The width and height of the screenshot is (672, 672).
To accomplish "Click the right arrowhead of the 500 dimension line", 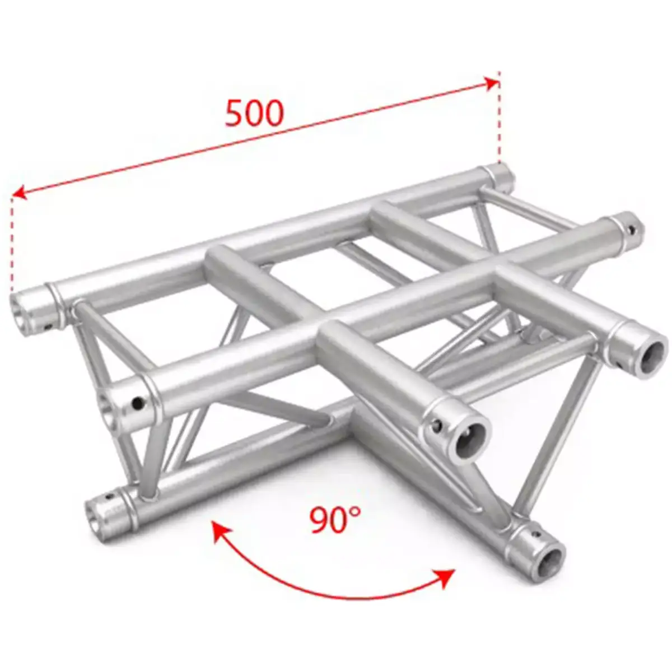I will [x=493, y=83].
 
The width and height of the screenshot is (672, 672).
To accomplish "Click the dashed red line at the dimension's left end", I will [x=11, y=241].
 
